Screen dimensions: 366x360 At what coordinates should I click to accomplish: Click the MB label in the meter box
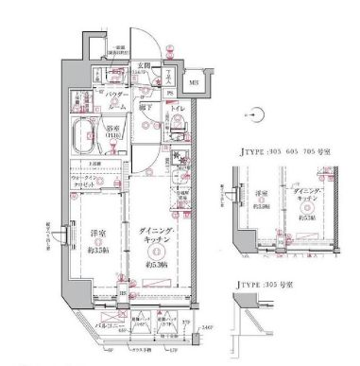tap(193, 83)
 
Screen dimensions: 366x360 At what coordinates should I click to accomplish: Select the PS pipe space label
tap(169, 93)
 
